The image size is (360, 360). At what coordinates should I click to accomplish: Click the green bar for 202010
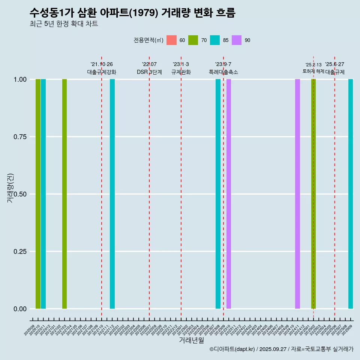tap(38, 194)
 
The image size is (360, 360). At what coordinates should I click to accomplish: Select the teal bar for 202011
tap(43, 194)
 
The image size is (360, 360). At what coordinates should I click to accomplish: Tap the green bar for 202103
tap(64, 194)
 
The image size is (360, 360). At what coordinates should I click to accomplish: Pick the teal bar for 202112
tap(112, 194)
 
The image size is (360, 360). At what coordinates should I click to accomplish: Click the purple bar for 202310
tap(229, 194)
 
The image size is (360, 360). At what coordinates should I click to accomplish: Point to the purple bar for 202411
tap(297, 194)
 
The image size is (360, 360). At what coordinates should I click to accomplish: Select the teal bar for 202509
tap(351, 194)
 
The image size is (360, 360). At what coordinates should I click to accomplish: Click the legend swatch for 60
tap(171, 40)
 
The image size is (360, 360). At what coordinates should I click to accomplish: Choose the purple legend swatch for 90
tap(237, 40)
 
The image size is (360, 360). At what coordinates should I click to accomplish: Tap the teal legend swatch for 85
tap(215, 40)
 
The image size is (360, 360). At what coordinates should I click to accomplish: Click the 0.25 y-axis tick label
tap(19, 252)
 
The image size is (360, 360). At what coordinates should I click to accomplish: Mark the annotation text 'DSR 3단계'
tap(149, 72)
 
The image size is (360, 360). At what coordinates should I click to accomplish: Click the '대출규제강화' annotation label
tap(102, 72)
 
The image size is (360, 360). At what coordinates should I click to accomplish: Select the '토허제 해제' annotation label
tap(313, 71)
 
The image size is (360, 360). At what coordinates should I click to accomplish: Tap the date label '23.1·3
tap(181, 64)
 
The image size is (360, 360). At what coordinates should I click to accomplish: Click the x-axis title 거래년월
tap(191, 340)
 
